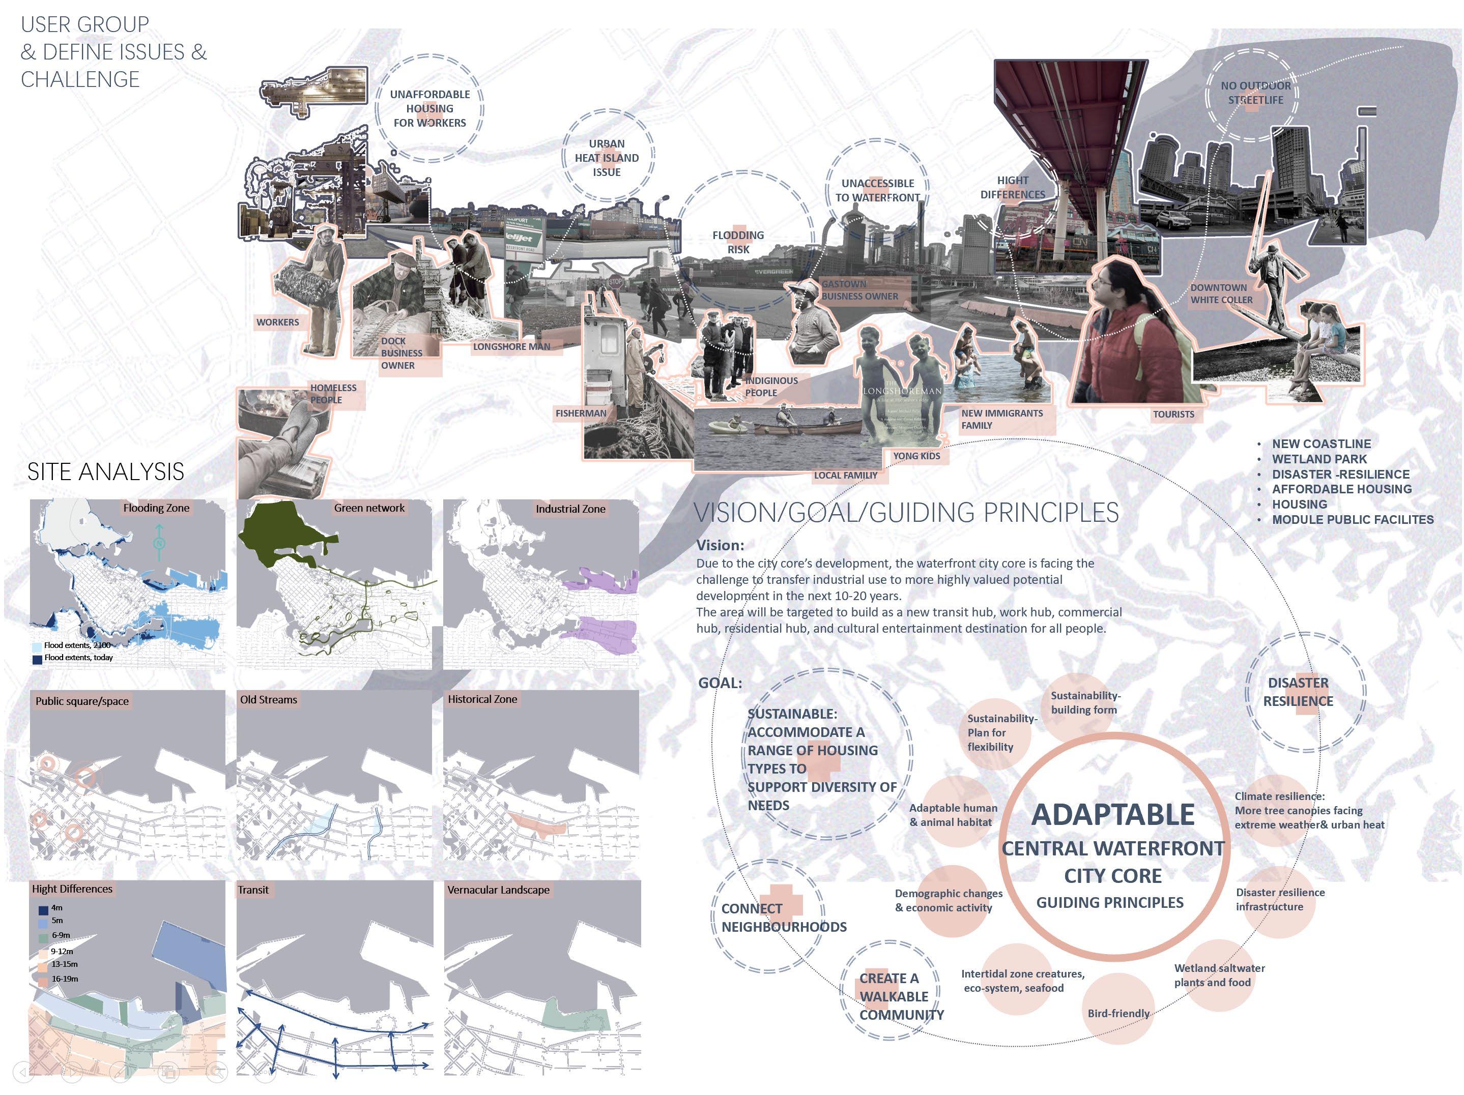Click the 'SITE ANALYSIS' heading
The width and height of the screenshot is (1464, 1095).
(106, 472)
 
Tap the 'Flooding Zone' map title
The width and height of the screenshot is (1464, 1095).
(156, 508)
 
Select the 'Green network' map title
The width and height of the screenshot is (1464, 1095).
(368, 508)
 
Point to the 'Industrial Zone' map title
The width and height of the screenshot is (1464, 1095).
(570, 509)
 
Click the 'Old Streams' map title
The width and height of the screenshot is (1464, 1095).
(268, 699)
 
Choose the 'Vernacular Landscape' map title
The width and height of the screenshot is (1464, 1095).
(498, 890)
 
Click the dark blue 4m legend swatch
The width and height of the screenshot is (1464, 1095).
(43, 910)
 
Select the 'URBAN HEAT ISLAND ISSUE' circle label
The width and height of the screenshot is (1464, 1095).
(607, 158)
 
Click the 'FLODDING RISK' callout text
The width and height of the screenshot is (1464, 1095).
(738, 242)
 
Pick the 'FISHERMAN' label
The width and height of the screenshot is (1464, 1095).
(581, 413)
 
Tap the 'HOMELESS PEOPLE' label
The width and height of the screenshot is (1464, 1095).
(334, 394)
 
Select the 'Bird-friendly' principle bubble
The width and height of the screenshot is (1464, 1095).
(1118, 1013)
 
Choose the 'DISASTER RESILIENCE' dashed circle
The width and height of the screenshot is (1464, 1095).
(1299, 692)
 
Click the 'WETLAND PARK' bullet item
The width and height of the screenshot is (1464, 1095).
(1319, 459)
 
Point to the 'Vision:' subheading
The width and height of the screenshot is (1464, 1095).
(720, 545)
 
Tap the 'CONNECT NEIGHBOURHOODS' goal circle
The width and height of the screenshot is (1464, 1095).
(768, 917)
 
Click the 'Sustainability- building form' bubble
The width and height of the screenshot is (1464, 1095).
(1085, 703)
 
